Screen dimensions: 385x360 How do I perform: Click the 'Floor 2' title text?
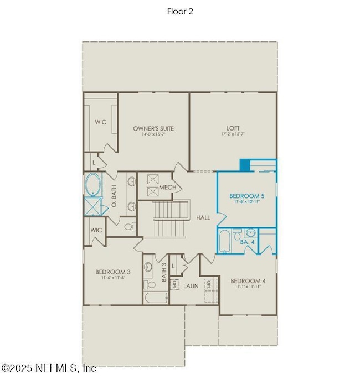click(180, 10)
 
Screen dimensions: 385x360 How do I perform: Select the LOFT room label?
click(233, 128)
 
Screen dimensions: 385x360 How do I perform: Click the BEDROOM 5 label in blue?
click(246, 196)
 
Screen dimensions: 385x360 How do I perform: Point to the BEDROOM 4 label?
click(248, 281)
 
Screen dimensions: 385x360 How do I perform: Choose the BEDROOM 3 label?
click(113, 272)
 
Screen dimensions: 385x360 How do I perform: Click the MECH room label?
click(168, 188)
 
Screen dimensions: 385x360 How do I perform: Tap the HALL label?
click(203, 218)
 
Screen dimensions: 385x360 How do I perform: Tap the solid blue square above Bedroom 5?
click(245, 165)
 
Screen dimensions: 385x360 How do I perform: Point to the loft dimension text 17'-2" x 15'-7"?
click(233, 134)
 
